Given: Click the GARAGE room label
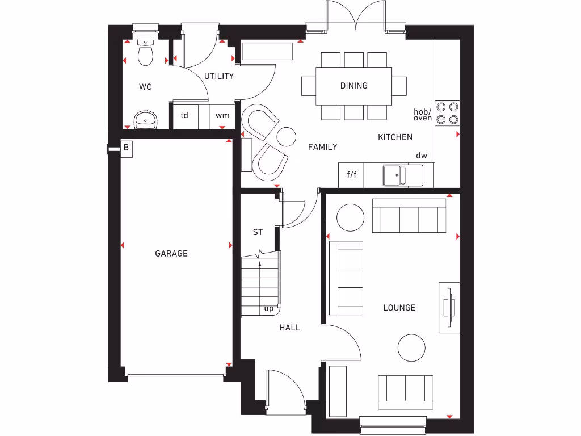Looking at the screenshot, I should [x=171, y=254].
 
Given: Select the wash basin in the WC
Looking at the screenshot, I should [x=146, y=120].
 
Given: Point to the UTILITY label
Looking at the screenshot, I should [x=219, y=76].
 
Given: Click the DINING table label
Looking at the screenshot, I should [x=353, y=86].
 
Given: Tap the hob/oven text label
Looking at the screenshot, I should [x=423, y=115].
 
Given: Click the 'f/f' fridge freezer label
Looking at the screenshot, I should [x=352, y=174].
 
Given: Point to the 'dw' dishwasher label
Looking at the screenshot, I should [x=422, y=156].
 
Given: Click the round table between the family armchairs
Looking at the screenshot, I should [x=286, y=136].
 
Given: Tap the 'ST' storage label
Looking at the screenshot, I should [x=258, y=232].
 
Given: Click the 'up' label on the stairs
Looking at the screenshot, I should [x=269, y=309].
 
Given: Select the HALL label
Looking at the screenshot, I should [x=290, y=328].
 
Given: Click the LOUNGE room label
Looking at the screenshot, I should [x=399, y=308].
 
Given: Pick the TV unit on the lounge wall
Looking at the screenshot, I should [x=449, y=308].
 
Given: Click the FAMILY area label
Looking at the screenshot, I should [x=322, y=147].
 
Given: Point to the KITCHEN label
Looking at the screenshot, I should [x=395, y=137].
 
